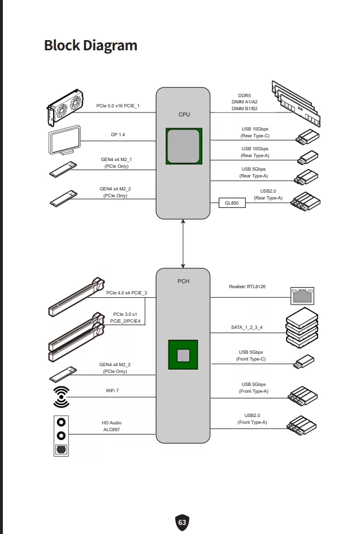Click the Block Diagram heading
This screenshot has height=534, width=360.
click(x=90, y=45)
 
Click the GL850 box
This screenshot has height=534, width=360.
click(x=232, y=202)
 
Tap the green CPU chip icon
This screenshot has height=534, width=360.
click(x=184, y=146)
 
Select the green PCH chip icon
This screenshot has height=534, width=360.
click(x=184, y=355)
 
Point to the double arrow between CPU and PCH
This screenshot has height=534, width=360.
click(x=183, y=244)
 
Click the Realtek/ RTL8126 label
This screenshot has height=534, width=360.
click(x=247, y=286)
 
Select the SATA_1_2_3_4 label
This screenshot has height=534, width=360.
click(x=246, y=327)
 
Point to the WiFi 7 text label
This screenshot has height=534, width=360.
click(x=111, y=390)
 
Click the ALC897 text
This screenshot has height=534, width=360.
click(x=111, y=430)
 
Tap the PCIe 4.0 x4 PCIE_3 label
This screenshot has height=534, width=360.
click(x=127, y=293)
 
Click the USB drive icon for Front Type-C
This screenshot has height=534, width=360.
click(x=304, y=361)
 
